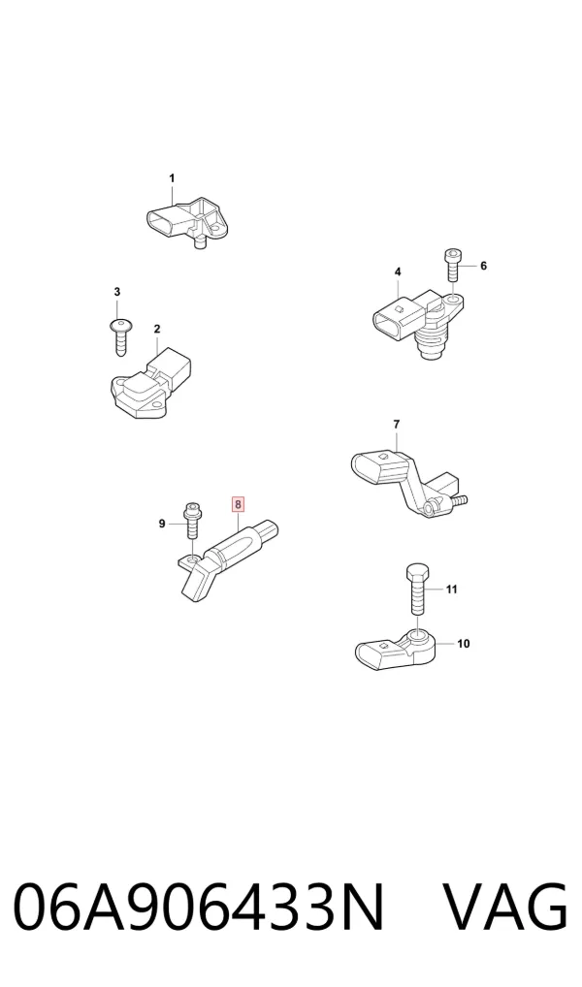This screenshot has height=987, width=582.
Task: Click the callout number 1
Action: [x=172, y=178]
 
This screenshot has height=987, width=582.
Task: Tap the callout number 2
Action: [x=157, y=329]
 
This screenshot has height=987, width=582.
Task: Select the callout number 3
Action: [x=117, y=292]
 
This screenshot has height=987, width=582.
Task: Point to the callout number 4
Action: [x=398, y=271]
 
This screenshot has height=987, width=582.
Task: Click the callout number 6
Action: [x=483, y=266]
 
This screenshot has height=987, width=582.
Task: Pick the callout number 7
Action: [x=396, y=425]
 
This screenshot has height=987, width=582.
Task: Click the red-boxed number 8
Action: [x=238, y=503]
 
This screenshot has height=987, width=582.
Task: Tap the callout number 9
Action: [x=162, y=524]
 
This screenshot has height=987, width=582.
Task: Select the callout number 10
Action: [x=463, y=644]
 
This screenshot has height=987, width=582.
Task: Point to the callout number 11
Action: [x=452, y=589]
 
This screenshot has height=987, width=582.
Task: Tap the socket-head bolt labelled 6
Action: [x=453, y=265]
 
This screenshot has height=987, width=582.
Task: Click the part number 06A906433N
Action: [x=199, y=907]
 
